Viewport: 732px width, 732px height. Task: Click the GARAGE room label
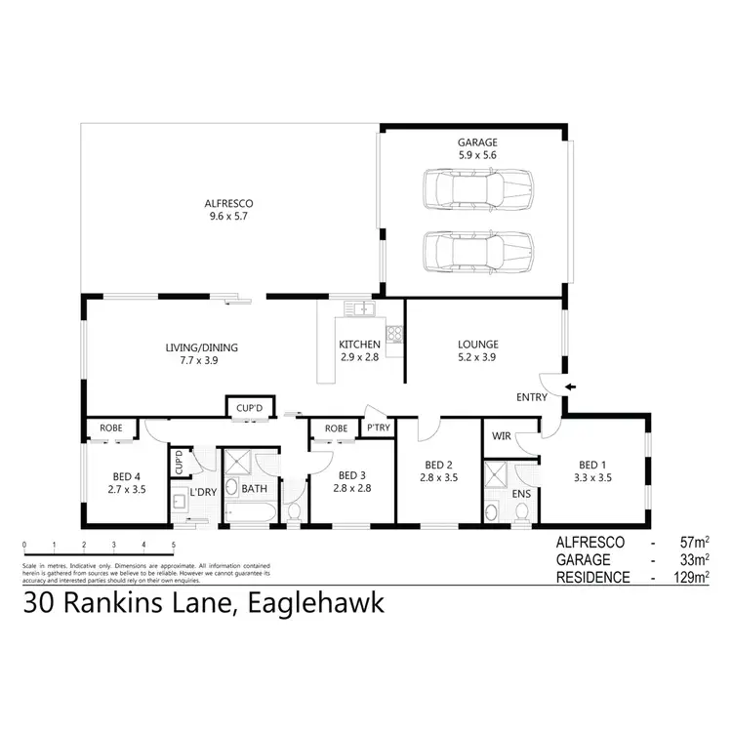click(477, 141)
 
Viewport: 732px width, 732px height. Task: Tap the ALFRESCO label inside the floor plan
click(229, 203)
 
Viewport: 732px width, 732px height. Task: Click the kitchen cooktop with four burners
click(394, 335)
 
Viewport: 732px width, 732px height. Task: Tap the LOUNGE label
click(478, 345)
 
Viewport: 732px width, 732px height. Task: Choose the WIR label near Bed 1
click(503, 435)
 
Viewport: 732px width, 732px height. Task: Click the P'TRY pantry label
click(377, 427)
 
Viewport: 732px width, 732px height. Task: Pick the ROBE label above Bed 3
click(336, 427)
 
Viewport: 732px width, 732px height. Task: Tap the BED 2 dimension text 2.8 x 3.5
click(438, 477)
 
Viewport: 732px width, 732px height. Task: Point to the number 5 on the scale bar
click(174, 545)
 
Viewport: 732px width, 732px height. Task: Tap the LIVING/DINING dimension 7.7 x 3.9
click(200, 360)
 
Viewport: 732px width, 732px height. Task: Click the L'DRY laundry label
click(204, 491)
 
